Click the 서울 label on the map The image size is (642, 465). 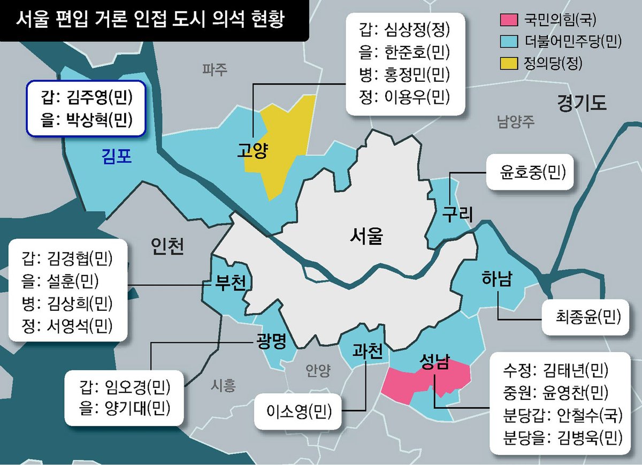click(367, 234)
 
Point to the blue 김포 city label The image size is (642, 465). click(117, 156)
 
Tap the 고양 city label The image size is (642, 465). click(253, 151)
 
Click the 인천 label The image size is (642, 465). click(167, 247)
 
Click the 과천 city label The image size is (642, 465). click(368, 351)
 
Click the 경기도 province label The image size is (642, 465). click(582, 102)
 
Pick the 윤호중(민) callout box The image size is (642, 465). click(527, 173)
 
